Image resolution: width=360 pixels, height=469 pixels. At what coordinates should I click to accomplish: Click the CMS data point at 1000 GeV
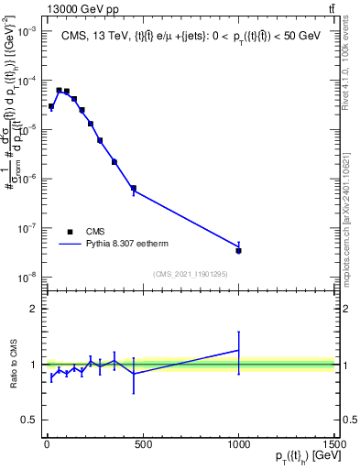pos(238,249)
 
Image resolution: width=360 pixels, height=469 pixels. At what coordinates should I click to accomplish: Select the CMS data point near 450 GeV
pos(134,189)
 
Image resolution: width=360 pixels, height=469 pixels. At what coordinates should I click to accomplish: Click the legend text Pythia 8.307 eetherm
pos(133,244)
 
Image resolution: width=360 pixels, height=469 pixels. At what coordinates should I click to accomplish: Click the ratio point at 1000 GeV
pos(238,350)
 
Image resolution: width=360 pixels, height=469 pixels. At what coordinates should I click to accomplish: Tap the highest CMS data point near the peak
pos(59,91)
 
